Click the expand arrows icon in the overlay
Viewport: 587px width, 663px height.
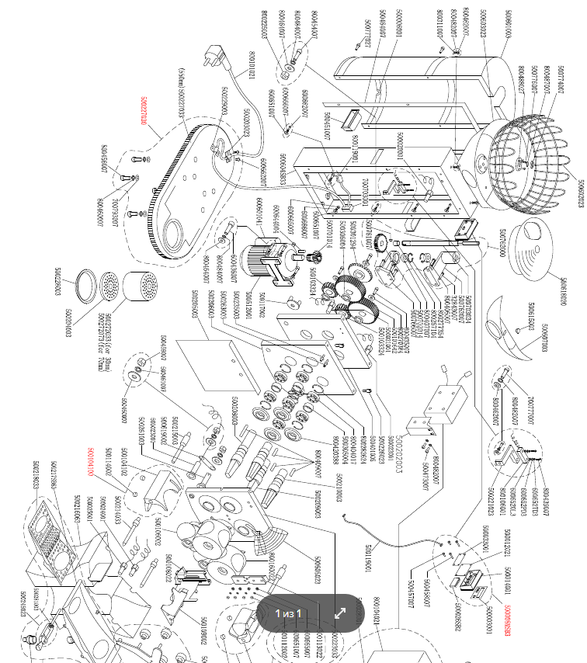click(x=340, y=613)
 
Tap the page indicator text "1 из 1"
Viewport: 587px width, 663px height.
click(x=288, y=613)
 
